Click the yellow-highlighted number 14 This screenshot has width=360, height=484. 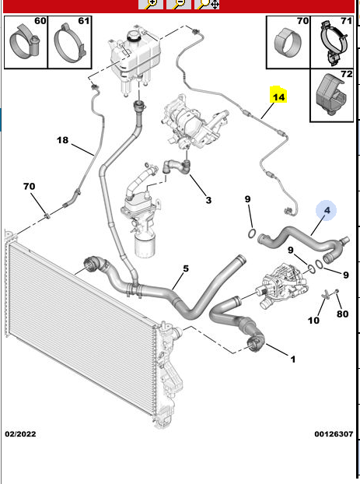278,97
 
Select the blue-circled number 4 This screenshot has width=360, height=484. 327,210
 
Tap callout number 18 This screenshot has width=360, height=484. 62,140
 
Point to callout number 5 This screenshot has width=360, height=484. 185,268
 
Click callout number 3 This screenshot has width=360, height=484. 208,200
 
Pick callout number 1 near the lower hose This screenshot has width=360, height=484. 293,359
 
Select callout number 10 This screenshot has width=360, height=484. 313,321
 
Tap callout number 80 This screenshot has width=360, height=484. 342,314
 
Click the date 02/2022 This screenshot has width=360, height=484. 20,433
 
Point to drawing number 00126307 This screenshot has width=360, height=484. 334,433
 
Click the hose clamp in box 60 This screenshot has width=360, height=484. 24,43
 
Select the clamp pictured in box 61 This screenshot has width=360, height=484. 69,40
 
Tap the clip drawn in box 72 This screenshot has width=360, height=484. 331,93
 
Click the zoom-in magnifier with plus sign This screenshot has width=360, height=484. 150,4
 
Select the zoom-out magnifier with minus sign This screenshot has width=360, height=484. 179,4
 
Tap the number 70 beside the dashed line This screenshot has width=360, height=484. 29,186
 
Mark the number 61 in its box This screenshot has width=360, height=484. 84,21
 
